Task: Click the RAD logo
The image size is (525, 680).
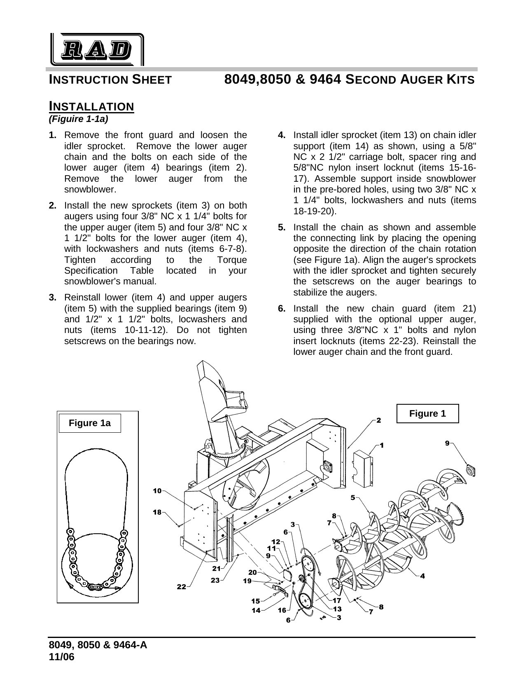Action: click(x=97, y=50)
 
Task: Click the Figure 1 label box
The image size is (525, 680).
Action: click(x=427, y=413)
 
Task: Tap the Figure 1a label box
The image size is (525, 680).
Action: click(x=90, y=423)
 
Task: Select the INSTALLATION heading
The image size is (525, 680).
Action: click(x=91, y=106)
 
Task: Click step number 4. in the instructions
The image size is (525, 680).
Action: click(x=282, y=135)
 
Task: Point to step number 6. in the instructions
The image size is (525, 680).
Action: click(x=282, y=308)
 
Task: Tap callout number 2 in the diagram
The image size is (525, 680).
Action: click(x=378, y=420)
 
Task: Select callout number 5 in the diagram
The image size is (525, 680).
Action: click(x=352, y=497)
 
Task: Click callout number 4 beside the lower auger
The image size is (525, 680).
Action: click(x=422, y=576)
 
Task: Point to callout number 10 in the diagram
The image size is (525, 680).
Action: click(x=157, y=490)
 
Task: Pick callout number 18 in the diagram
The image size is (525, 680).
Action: click(x=157, y=512)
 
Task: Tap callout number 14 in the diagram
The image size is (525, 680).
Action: click(x=256, y=611)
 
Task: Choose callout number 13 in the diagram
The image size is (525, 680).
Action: click(x=337, y=608)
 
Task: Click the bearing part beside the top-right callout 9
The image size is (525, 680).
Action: click(x=469, y=470)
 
